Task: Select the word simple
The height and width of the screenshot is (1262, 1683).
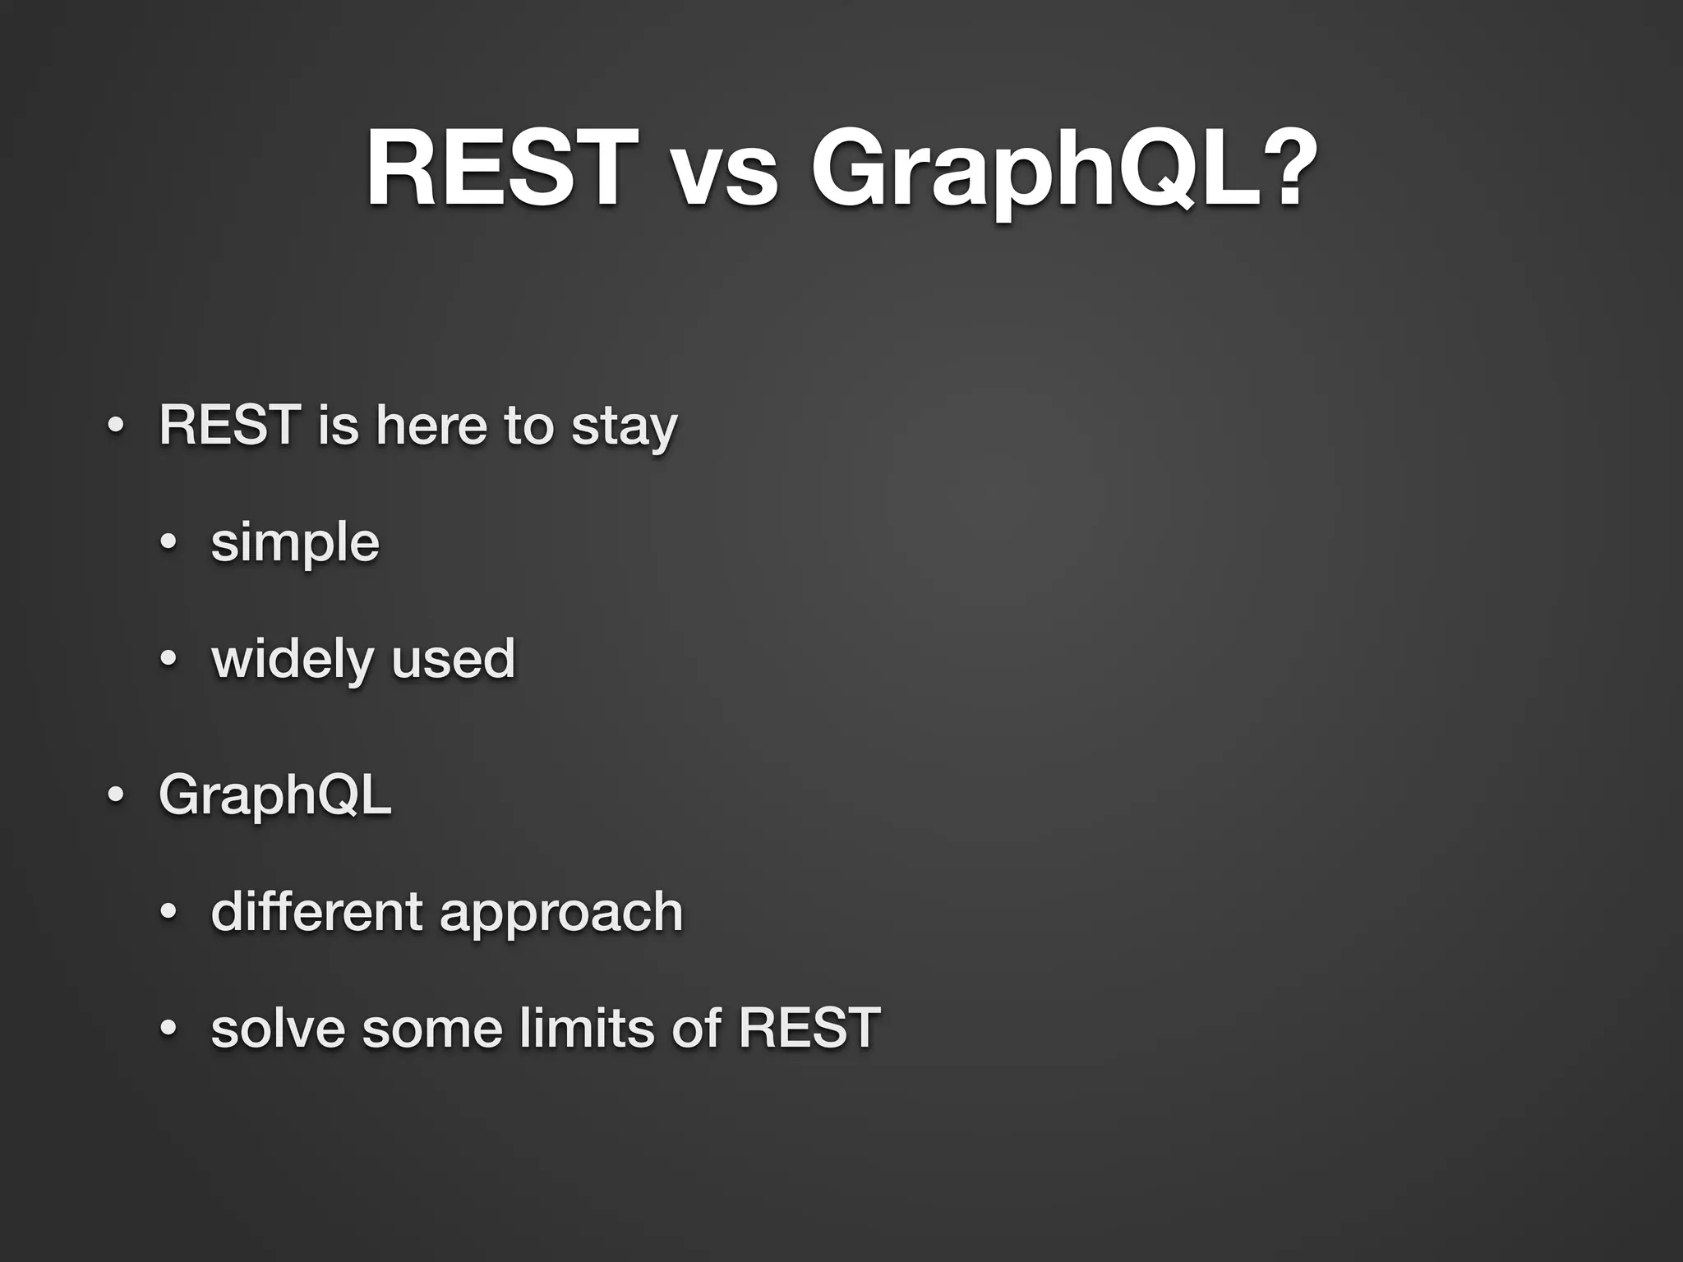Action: click(295, 544)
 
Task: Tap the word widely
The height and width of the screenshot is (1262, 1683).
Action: click(293, 660)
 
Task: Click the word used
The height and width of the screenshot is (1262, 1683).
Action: click(453, 660)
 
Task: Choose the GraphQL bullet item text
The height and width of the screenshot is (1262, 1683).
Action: click(274, 795)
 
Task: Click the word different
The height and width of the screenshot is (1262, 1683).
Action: click(316, 912)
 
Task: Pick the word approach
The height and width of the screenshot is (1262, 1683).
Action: click(561, 914)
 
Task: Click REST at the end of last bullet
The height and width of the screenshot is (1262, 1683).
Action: click(809, 1029)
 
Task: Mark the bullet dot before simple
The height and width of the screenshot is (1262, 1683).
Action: click(168, 543)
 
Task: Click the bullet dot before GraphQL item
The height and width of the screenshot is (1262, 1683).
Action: click(116, 795)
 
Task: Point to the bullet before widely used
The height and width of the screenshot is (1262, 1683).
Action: click(168, 659)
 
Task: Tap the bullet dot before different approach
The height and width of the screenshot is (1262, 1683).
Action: click(168, 911)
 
